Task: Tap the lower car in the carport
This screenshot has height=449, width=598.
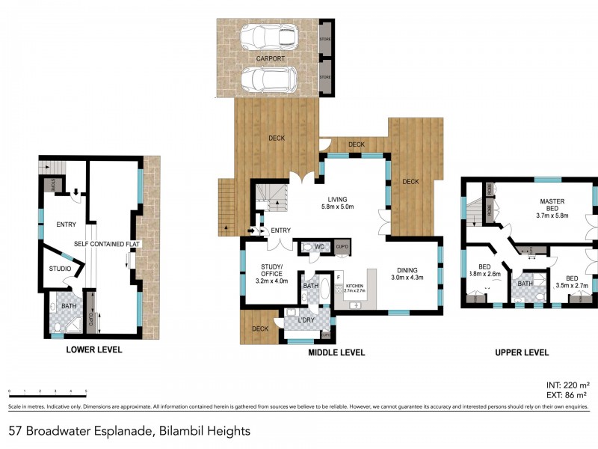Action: [x=269, y=77]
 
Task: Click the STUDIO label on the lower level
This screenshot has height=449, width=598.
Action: [x=60, y=269]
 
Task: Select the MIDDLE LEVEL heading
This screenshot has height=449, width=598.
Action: [x=336, y=352]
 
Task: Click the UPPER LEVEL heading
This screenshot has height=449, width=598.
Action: [x=523, y=352]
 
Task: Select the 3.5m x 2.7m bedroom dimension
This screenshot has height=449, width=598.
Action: [x=573, y=285]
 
